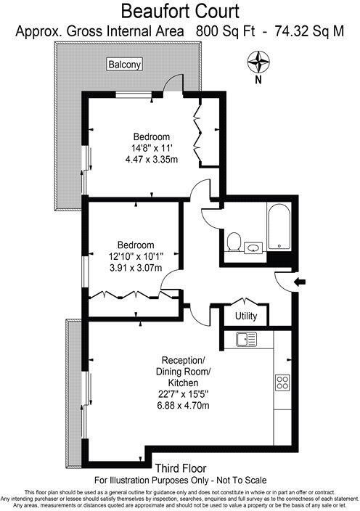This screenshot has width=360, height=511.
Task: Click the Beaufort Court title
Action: click(x=181, y=12)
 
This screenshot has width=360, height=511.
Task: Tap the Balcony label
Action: click(x=125, y=65)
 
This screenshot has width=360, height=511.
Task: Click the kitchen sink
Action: click(x=246, y=339)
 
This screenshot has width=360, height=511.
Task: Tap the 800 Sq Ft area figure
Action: click(x=221, y=32)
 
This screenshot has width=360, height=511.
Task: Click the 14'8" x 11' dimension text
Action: click(x=150, y=148)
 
